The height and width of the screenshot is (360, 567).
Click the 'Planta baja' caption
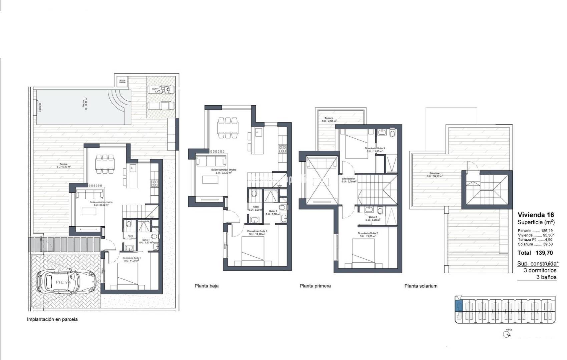click(206, 286)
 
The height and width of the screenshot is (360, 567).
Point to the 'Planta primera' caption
click(315, 286)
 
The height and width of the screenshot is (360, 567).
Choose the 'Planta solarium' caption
click(421, 286)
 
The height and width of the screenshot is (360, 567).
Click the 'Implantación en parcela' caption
click(52, 319)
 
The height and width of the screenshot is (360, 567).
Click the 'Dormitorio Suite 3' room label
click(375, 148)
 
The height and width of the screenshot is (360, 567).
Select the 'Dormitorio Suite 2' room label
click(368, 233)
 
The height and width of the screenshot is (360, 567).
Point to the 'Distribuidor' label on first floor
click(349, 179)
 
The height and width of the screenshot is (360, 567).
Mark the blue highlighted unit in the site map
click(459, 306)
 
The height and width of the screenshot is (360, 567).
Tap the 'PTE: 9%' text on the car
click(63, 282)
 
